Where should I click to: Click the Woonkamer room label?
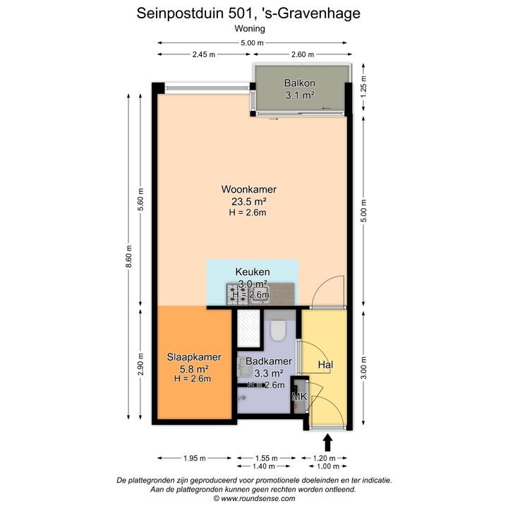point(248,189)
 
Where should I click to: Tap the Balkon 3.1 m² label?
point(300,89)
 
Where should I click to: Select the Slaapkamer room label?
point(194,357)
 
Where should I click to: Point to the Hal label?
point(325,365)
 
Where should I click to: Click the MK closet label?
point(299,397)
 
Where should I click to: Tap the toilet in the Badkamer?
point(278,330)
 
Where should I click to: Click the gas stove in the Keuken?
point(237,294)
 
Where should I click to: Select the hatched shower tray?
point(248,328)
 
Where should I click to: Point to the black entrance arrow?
point(328,443)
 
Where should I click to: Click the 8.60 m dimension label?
point(129,256)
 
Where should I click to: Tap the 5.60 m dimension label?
point(140,199)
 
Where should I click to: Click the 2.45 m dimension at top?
point(204,54)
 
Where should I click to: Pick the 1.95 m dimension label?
point(195,458)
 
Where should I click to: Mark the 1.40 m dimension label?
point(264,466)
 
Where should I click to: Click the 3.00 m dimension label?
point(363,368)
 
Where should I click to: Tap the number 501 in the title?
point(240,13)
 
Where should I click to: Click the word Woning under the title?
point(250,29)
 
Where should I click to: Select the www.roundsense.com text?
point(258,498)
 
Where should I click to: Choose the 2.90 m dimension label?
point(140,364)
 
